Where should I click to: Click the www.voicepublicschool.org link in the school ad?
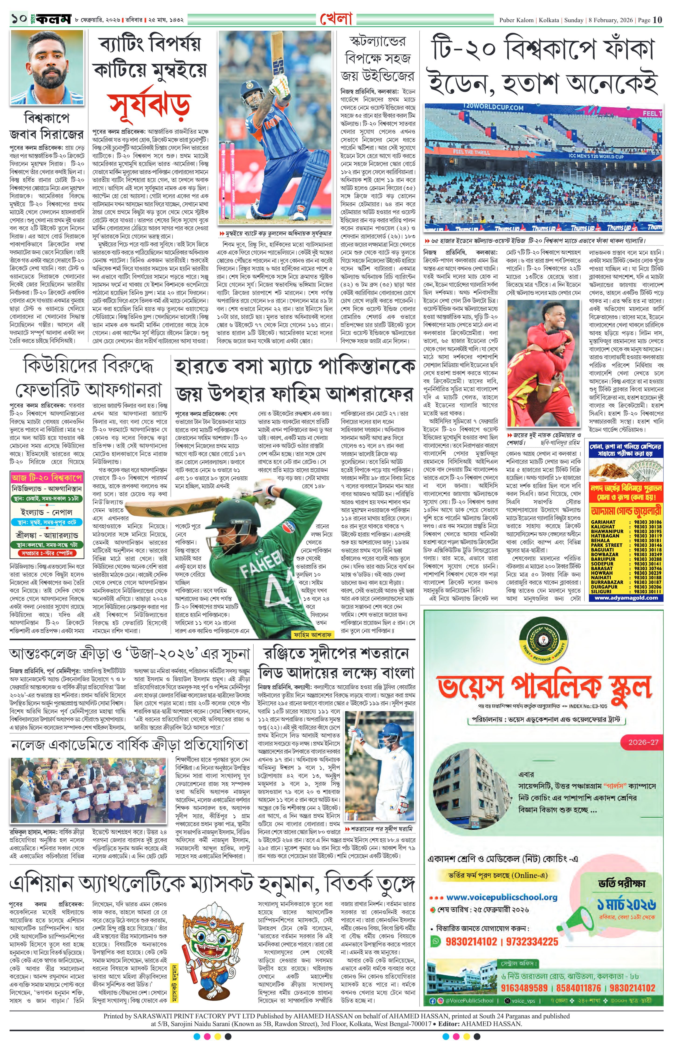pos(501,897)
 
